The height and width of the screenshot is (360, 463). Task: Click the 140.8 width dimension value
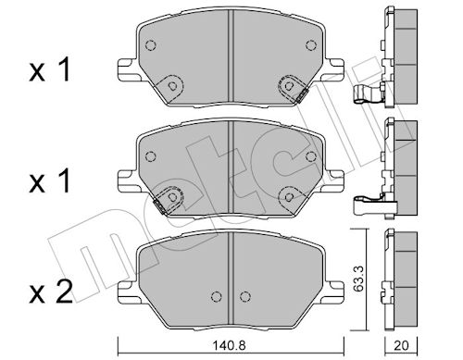pos(229,345)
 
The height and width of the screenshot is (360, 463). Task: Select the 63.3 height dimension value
pos(358,279)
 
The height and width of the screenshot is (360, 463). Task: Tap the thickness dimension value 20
pos(401,345)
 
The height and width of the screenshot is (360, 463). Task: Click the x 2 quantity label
pos(51,292)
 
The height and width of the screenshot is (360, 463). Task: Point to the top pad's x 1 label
pos(49,70)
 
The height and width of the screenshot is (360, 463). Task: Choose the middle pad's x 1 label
pos(49,181)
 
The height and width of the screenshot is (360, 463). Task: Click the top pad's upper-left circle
pos(150,45)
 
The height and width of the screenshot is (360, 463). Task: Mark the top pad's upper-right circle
pos(311,45)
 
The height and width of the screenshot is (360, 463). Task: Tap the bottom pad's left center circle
pos(217,296)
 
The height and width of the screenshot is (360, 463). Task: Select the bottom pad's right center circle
pos(244,296)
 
